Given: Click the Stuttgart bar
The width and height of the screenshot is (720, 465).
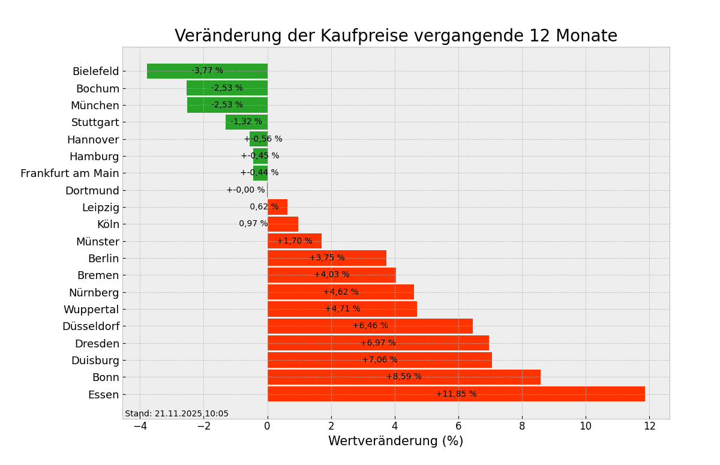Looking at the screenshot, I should (246, 122).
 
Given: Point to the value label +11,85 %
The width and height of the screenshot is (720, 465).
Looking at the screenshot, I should (456, 394).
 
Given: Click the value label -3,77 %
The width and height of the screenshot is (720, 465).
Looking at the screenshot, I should (207, 71).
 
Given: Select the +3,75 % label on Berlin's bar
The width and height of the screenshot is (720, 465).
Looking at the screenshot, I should (327, 258).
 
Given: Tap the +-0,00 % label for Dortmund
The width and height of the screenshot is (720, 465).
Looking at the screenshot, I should (245, 190).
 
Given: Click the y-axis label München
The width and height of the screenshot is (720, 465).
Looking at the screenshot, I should (95, 106).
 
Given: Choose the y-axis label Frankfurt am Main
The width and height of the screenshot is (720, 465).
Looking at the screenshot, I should (70, 173).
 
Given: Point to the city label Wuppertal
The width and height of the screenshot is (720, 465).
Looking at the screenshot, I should (91, 310).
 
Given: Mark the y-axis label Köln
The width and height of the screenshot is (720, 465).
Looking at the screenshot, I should (108, 224).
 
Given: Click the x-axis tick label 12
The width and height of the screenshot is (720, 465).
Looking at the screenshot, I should (649, 426).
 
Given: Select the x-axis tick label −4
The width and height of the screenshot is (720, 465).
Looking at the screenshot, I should (140, 426).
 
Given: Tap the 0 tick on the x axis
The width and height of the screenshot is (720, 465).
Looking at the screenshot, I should (268, 426).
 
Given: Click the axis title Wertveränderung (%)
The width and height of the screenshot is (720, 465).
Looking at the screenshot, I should (395, 442).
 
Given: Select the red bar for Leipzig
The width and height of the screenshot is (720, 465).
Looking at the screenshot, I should (277, 207).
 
